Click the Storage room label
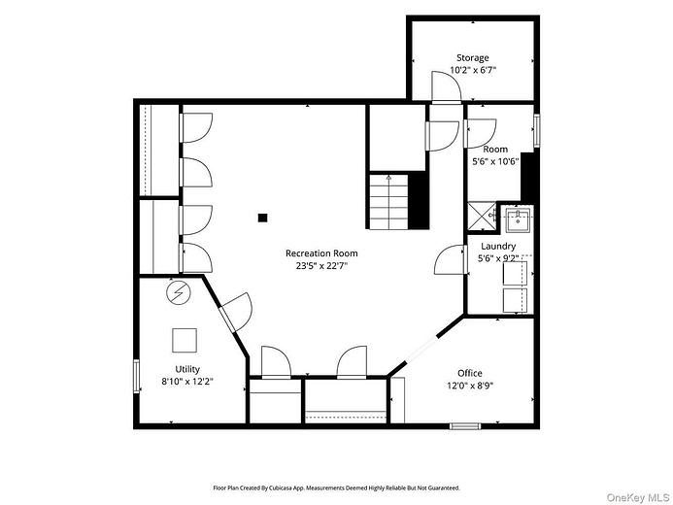coord(473,57)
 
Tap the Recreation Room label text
coord(321,253)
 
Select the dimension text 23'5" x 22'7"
coord(321,265)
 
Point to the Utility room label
coord(187,369)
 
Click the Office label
coord(470,373)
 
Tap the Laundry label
coord(498,247)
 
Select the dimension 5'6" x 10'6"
coord(495,162)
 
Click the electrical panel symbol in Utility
coord(178,293)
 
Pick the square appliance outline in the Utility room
coord(185,340)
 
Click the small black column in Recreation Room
coord(262,218)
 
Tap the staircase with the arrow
coord(388,202)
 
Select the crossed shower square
coord(482,217)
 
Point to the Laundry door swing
coord(451,259)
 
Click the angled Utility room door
coord(235,312)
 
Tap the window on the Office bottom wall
coord(465,425)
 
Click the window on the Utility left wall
coord(137,376)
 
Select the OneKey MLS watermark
coord(638,497)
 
